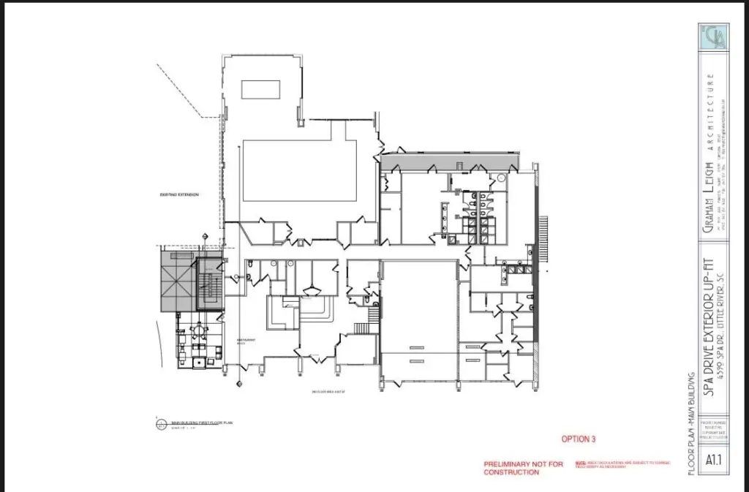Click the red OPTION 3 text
coord(579,439)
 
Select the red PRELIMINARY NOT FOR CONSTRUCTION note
coord(524,468)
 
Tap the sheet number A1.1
coord(714,461)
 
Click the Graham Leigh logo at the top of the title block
coord(714,37)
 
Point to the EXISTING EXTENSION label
coord(180,194)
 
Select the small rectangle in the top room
coord(260,89)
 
